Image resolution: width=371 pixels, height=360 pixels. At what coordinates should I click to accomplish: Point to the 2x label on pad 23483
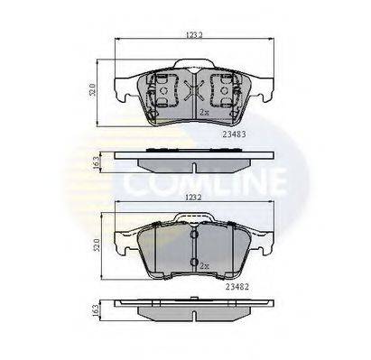(206, 113)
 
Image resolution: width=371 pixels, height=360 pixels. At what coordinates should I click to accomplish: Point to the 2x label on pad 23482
(206, 268)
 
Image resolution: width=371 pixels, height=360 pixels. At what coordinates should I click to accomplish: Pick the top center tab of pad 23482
(192, 217)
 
